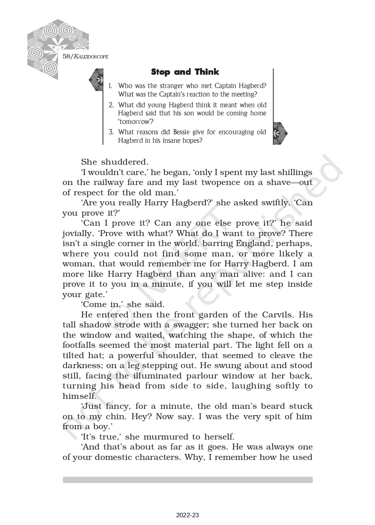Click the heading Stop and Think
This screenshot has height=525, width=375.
click(x=185, y=72)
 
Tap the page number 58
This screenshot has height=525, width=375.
click(x=66, y=56)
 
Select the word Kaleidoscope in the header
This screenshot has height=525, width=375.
click(x=91, y=57)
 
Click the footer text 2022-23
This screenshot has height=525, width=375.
click(x=187, y=515)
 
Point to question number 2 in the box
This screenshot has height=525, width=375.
click(x=111, y=105)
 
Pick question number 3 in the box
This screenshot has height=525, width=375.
click(x=111, y=132)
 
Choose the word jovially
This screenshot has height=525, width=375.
click(x=77, y=233)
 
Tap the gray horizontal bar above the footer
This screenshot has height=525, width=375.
click(x=187, y=479)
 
